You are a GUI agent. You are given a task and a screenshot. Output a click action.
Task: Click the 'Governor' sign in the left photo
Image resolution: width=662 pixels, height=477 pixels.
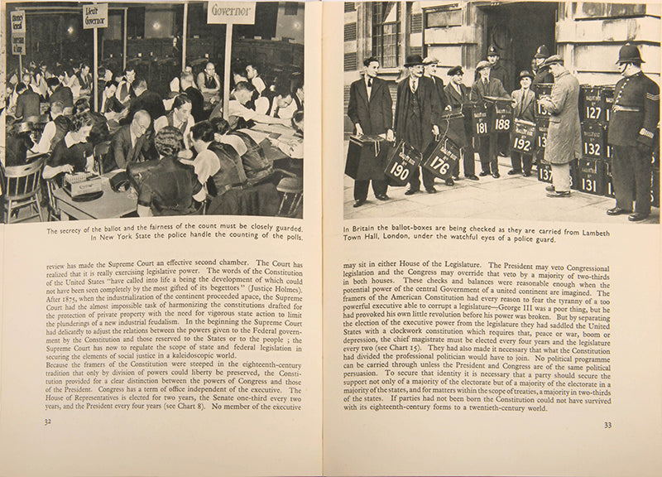(231, 12)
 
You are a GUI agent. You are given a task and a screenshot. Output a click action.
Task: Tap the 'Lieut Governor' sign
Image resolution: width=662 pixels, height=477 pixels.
(95, 15)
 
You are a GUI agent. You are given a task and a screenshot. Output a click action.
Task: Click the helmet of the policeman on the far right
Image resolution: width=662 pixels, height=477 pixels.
(630, 55)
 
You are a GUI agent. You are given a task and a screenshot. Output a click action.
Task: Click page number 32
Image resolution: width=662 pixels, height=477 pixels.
(48, 421)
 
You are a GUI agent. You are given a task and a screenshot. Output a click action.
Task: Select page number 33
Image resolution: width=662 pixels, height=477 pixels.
(607, 426)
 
